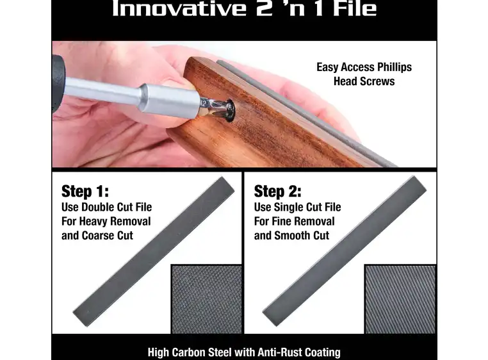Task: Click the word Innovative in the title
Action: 179,8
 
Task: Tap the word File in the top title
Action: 355,8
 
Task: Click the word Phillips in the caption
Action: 394,67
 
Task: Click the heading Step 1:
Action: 85,192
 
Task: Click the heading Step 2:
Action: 277,192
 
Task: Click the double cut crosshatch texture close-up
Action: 206,299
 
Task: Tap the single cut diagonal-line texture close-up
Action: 400,299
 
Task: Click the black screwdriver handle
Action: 58,83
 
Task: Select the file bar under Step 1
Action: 154,251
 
